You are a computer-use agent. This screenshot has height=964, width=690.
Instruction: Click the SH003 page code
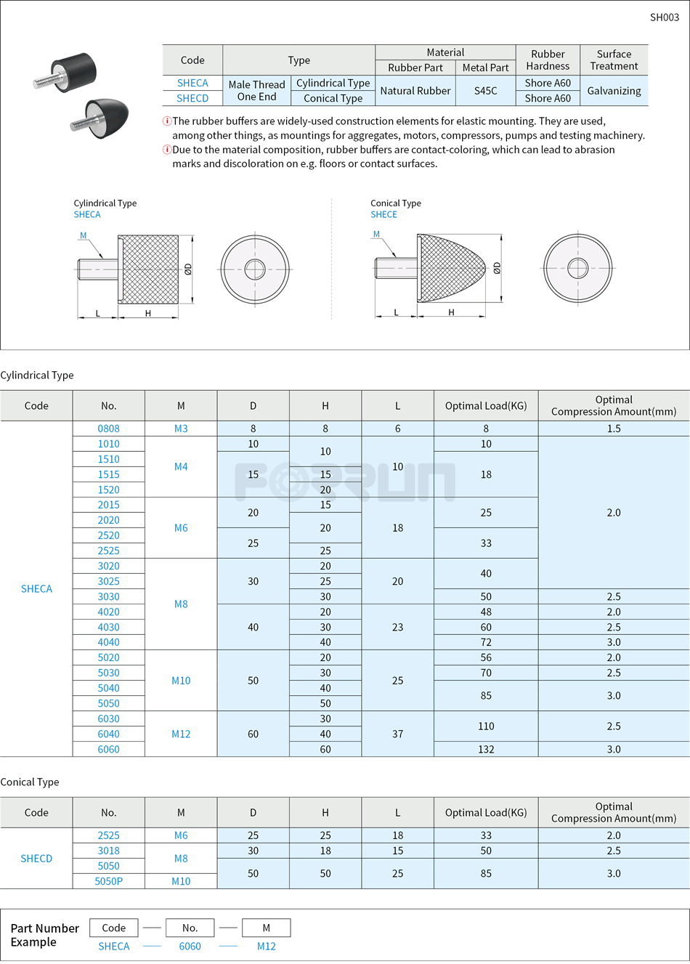664,17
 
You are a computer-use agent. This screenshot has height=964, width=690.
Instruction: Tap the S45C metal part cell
485,91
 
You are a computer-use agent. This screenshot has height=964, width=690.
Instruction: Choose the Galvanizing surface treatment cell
614,91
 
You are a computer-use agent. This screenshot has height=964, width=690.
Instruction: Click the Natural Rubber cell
415,91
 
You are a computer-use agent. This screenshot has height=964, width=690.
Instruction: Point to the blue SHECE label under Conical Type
383,214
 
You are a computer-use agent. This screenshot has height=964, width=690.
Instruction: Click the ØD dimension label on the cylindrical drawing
188,270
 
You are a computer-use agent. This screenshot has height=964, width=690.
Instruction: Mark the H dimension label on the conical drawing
451,312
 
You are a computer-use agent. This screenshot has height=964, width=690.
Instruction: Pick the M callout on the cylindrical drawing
83,235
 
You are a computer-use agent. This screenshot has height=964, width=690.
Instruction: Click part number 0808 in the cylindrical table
109,429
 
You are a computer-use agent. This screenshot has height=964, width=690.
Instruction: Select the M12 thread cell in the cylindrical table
181,734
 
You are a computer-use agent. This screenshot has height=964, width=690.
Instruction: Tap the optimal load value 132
486,750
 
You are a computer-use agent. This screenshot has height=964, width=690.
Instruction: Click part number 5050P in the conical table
109,881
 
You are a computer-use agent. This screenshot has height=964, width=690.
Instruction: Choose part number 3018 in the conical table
109,851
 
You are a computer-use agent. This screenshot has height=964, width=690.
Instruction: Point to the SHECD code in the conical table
36,859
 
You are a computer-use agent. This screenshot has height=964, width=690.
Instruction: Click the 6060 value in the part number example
190,947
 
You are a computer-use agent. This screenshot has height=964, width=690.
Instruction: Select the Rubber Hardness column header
548,60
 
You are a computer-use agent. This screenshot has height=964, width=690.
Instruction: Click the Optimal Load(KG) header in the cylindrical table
486,406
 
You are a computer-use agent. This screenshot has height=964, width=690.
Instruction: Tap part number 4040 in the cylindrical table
109,642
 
